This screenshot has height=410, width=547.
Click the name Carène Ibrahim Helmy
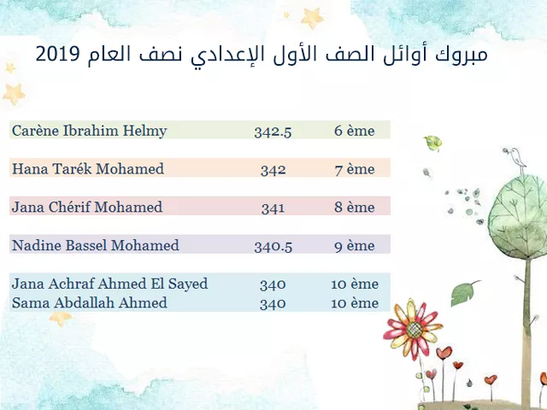[89, 131]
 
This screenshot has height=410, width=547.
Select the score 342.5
[273, 132]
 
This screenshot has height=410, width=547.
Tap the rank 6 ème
[354, 131]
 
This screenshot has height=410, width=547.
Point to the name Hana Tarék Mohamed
[88, 169]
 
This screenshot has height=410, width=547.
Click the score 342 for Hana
[273, 170]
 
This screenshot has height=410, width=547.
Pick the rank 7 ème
[355, 169]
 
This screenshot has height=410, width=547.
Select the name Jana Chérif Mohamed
[87, 207]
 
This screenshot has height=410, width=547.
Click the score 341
[273, 208]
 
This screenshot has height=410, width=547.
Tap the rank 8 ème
[355, 208]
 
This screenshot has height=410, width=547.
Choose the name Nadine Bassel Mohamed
[96, 245]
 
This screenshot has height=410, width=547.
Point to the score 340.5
[273, 247]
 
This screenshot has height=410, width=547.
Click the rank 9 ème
[355, 246]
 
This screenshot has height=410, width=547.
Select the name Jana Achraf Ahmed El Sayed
[110, 284]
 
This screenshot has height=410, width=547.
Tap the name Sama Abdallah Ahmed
[89, 302]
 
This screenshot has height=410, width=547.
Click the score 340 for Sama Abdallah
[273, 304]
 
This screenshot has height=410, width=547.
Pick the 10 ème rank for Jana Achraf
[355, 284]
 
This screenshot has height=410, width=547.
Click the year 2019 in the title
[58, 54]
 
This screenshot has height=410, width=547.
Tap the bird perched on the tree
[516, 158]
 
